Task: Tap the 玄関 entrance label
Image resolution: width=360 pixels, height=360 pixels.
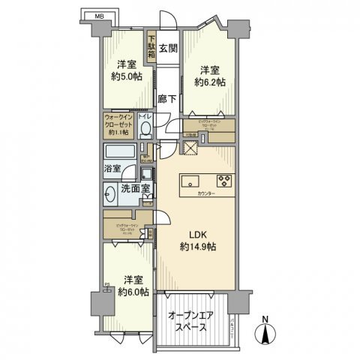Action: [169, 49]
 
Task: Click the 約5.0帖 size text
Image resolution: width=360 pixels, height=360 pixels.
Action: [123, 81]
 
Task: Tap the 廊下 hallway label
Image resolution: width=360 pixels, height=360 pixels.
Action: [168, 98]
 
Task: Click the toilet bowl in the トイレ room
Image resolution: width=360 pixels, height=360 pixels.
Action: [145, 129]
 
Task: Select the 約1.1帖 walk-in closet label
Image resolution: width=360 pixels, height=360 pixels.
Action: [118, 132]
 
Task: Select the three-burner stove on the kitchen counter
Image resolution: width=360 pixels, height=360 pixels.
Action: [224, 180]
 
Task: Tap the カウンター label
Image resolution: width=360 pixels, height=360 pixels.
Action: [206, 194]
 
